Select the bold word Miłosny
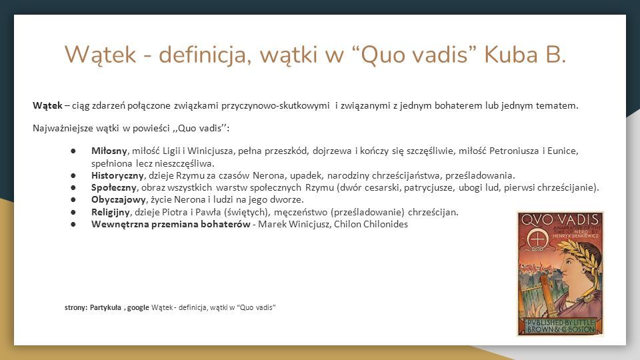[109, 151]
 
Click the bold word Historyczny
[117, 175]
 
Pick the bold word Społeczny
[114, 188]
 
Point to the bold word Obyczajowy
[119, 199]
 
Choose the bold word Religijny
[111, 212]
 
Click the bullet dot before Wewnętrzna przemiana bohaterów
[73, 224]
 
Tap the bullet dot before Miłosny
[73, 151]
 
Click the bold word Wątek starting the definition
[47, 105]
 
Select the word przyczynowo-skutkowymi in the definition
[275, 105]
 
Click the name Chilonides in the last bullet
[385, 224]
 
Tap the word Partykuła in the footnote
[105, 307]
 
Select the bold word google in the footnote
[138, 308]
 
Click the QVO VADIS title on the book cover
[561, 219]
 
